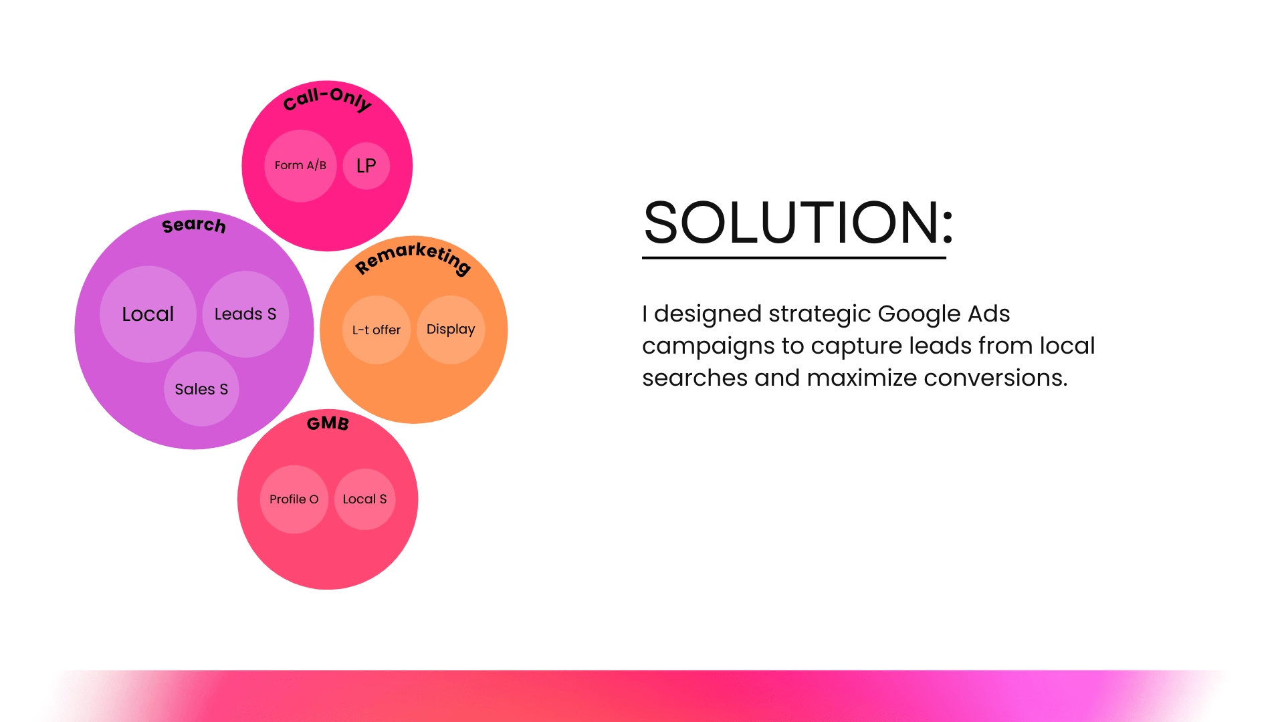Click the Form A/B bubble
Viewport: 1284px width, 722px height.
300,166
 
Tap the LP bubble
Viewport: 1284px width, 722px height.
366,166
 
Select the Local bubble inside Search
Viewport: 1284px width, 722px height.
148,314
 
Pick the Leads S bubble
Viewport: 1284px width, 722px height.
245,314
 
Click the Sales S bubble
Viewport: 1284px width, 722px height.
201,389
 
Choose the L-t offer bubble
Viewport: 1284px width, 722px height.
377,330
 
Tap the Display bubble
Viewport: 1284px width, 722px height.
451,330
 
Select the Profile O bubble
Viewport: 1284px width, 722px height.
294,499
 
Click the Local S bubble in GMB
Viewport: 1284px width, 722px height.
365,499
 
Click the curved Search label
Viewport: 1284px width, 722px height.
194,225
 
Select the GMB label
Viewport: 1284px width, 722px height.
328,423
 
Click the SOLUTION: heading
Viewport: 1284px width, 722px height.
798,223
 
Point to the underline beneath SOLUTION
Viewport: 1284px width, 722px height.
794,257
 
